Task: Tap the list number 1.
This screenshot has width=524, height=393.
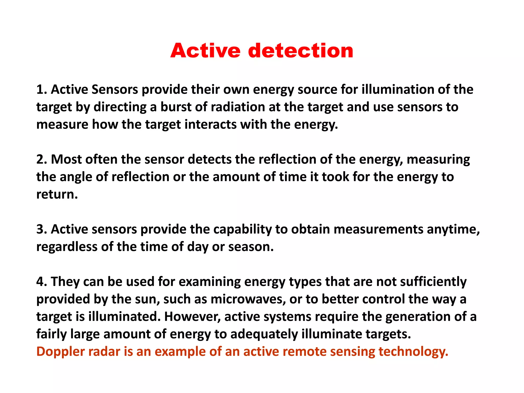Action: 41,90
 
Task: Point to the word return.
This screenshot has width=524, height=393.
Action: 57,194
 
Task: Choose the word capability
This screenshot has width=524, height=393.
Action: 242,229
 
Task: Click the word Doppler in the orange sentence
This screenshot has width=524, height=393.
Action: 60,352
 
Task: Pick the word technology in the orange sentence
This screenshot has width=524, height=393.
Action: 413,352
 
